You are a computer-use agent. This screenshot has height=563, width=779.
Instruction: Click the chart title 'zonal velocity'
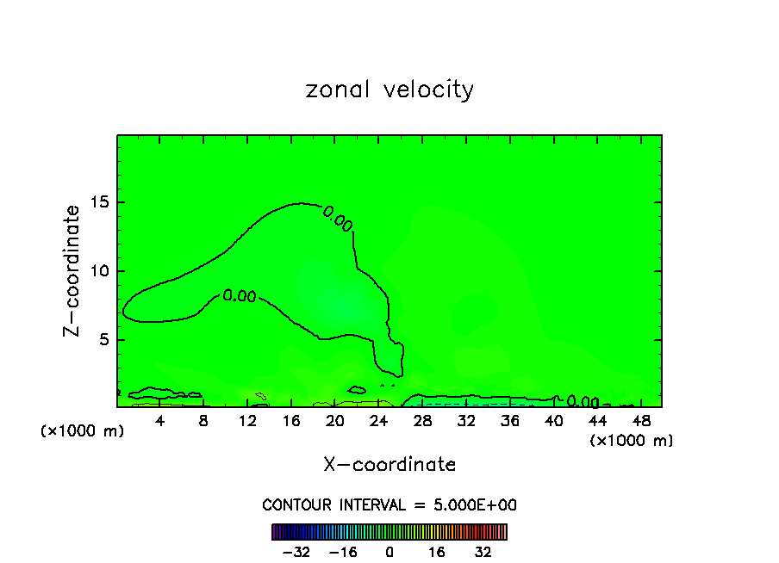(x=389, y=90)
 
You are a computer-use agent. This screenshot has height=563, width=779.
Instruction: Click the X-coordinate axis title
(x=389, y=464)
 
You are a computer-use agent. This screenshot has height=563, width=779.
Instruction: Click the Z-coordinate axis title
(x=75, y=270)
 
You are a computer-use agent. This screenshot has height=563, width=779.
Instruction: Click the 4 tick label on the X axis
(x=160, y=421)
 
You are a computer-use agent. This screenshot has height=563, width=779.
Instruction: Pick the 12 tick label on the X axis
(x=247, y=421)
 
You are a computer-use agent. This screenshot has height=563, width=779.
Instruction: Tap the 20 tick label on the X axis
(x=335, y=421)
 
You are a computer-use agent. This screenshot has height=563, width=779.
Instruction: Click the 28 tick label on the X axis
(x=422, y=421)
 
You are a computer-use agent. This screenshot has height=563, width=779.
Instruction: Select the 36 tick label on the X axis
(x=510, y=421)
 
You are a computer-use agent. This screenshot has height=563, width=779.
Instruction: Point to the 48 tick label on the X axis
(x=641, y=421)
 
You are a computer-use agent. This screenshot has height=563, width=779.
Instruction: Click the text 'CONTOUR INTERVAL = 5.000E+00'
(x=389, y=504)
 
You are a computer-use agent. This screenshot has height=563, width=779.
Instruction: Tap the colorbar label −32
(x=296, y=552)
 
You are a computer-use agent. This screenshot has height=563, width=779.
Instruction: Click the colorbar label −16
(x=343, y=552)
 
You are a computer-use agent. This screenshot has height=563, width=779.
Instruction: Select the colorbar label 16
(x=437, y=552)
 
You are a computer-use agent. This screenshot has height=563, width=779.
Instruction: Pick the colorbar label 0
(x=389, y=552)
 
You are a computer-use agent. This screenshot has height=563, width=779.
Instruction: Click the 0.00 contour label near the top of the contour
(x=337, y=219)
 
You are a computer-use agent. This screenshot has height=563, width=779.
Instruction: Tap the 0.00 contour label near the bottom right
(x=583, y=402)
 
